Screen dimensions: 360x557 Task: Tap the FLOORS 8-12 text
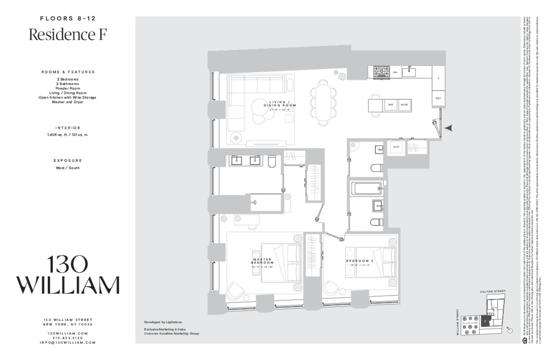coord(68,19)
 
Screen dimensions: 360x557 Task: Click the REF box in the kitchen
coord(438,98)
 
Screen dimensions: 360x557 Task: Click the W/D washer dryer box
coord(396,147)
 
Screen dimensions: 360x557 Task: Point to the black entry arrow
coord(447,128)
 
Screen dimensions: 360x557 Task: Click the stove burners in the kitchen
coord(382,72)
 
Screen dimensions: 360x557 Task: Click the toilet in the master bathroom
coord(272,161)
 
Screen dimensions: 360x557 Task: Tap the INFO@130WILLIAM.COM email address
coord(68,342)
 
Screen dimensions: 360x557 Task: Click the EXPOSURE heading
coord(68,160)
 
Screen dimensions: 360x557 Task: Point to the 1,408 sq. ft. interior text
coord(68,135)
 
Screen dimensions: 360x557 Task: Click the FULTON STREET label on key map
coord(493,291)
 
